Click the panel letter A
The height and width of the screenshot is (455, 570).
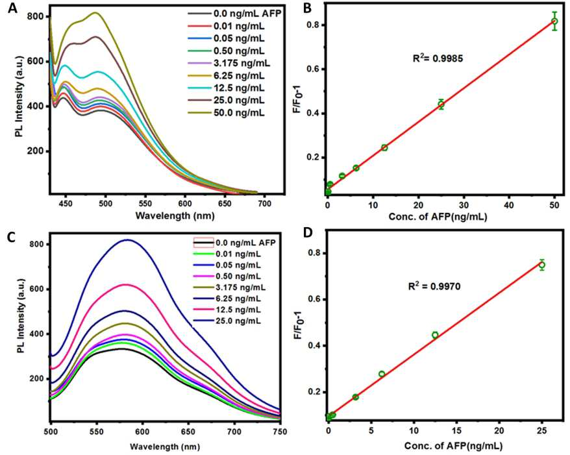[x=12, y=8]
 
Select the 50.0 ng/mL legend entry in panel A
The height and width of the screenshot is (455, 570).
[x=226, y=113]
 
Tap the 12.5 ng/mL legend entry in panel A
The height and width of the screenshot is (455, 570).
[x=226, y=88]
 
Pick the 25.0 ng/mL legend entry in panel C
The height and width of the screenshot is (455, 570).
[x=227, y=321]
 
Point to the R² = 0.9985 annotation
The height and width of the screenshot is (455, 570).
[x=438, y=58]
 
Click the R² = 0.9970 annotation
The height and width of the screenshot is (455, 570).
[x=434, y=286]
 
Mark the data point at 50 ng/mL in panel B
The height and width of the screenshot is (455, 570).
[x=554, y=21]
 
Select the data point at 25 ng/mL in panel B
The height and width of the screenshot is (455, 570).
[x=441, y=105]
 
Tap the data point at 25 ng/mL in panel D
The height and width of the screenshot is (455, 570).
[x=542, y=265]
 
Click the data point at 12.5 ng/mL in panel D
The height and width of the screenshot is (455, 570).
[x=435, y=335]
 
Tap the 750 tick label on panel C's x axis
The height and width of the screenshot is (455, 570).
[x=280, y=432]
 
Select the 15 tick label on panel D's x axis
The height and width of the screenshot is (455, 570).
[x=456, y=430]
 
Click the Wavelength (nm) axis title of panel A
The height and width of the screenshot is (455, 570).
[x=175, y=215]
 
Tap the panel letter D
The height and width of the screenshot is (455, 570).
[x=308, y=233]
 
